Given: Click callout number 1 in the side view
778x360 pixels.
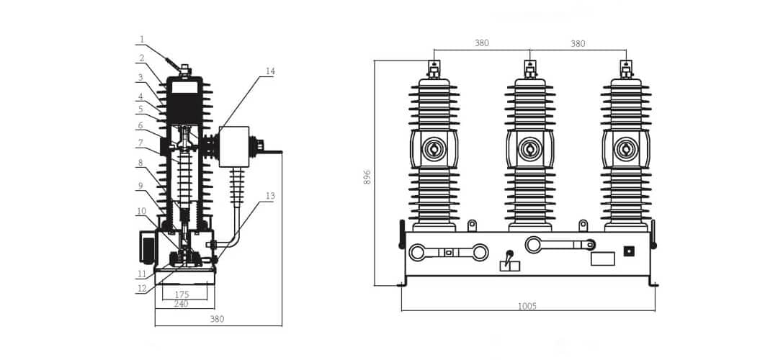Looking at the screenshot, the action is tap(141, 40).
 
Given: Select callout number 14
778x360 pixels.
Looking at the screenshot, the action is tap(270, 71).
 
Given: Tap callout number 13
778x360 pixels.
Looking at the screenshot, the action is tap(270, 196).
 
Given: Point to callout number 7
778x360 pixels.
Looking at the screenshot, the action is tap(141, 143).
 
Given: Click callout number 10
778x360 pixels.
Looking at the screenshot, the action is tap(142, 211).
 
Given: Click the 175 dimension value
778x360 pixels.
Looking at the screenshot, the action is tap(182, 294).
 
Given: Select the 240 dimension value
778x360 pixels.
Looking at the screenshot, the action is tap(181, 304).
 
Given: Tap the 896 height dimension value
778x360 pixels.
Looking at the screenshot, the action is tap(367, 177).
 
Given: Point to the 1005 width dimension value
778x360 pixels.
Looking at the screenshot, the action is tap(527, 307).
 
